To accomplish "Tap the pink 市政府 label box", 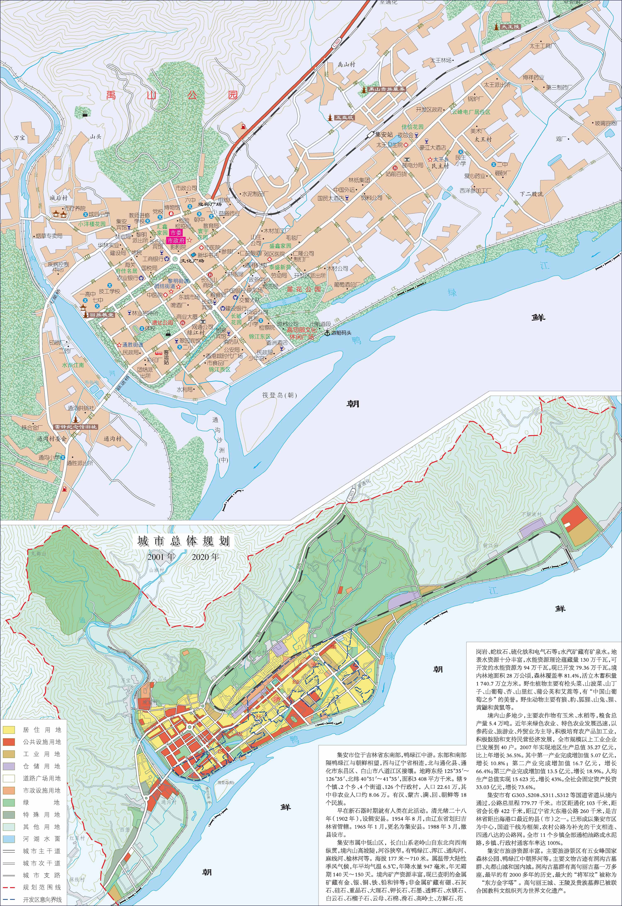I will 176,241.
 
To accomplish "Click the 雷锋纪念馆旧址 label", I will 75,427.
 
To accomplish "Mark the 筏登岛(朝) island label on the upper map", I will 279,395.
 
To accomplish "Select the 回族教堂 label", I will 101,315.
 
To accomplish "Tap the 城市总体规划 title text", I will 183,541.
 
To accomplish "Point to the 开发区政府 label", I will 429,110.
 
